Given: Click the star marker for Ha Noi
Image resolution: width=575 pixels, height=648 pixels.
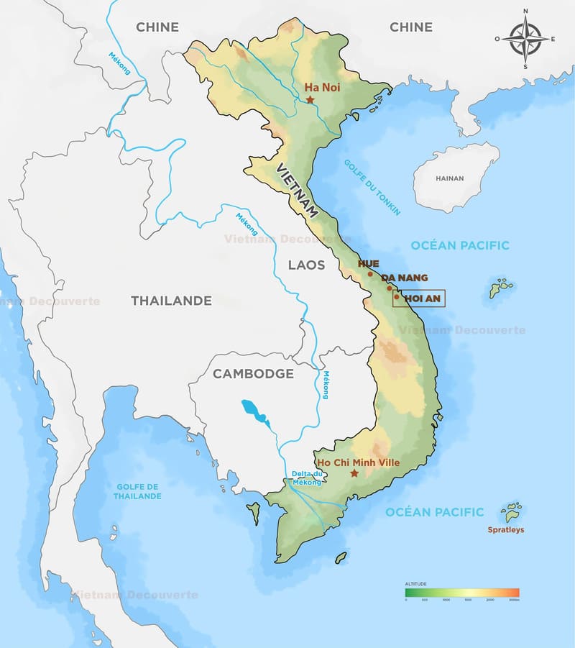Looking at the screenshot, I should tap(310, 99).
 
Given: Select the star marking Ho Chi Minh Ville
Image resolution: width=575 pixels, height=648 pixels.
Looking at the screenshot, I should tap(354, 473).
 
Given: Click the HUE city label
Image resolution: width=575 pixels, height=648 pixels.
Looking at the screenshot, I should tap(368, 264).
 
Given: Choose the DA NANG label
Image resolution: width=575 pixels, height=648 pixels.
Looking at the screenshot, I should tap(405, 278).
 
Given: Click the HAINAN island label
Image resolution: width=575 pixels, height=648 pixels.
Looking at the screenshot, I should tap(449, 178).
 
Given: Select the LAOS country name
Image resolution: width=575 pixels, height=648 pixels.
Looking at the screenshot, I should tap(306, 265).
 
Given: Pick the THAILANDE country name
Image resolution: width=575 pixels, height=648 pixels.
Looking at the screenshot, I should tap(171, 301).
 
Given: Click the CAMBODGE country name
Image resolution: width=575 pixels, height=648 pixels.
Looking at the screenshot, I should tap(253, 374).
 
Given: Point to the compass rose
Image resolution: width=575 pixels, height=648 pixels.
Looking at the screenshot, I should tap(525, 40).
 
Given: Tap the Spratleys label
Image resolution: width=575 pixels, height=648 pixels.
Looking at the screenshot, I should tap(506, 530).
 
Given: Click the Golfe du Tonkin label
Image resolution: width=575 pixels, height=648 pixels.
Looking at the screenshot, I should tap(372, 187).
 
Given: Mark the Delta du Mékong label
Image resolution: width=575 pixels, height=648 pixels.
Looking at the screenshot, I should tap(307, 478).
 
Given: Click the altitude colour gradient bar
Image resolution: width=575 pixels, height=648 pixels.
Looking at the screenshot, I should tap(461, 593).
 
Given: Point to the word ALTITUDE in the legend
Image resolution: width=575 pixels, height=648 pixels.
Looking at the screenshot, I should tap(416, 584).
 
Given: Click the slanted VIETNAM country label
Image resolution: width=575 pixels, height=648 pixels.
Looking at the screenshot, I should tap(297, 190).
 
